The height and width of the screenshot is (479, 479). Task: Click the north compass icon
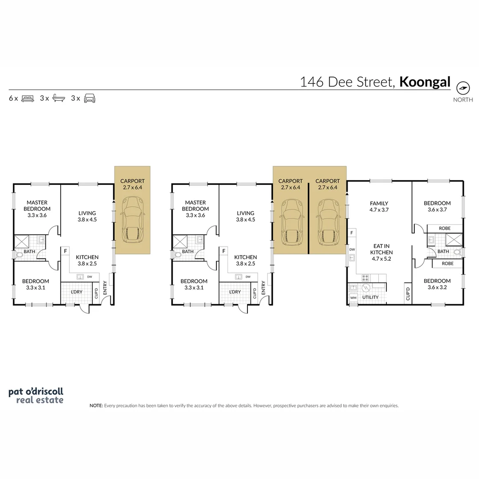(463, 88)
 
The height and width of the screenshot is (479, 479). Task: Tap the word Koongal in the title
(425, 82)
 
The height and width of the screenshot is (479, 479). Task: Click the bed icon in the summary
(27, 98)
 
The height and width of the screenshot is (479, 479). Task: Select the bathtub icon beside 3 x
(59, 98)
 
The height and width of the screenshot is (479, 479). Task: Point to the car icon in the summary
(90, 98)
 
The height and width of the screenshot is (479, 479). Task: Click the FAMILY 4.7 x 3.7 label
(379, 207)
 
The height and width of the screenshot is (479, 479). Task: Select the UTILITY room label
(370, 297)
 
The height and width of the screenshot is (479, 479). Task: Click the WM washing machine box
(353, 298)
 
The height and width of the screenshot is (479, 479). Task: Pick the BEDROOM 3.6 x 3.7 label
(437, 206)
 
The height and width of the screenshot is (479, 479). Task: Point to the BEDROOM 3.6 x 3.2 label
(437, 284)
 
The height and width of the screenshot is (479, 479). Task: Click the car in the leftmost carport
(133, 221)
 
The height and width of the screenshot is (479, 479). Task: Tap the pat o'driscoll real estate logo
(36, 396)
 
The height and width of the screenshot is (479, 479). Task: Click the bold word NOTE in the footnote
(96, 406)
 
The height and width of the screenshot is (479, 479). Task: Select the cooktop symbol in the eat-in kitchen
(365, 278)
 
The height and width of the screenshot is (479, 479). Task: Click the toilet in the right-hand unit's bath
(458, 252)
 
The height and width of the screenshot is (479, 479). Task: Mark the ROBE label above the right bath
(445, 228)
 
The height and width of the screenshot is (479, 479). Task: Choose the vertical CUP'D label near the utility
(408, 294)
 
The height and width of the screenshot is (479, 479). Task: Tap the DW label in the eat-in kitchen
(352, 250)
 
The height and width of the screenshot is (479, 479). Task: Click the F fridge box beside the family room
(352, 233)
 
